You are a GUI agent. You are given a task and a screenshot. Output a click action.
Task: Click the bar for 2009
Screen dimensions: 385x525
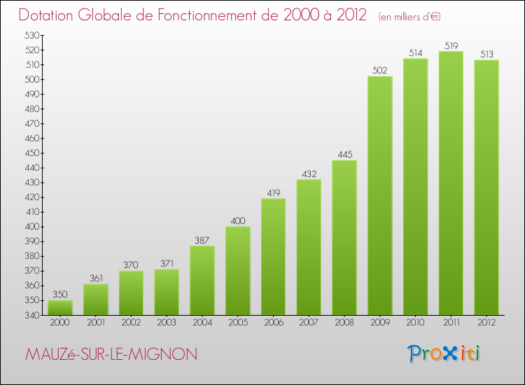[x=379, y=196]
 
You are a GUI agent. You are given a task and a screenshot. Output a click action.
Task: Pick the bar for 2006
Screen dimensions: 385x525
[x=273, y=256]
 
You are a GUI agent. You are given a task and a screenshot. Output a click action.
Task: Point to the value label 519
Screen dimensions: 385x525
[x=451, y=46]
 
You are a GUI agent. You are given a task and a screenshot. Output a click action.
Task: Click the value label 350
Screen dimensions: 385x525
[x=60, y=295]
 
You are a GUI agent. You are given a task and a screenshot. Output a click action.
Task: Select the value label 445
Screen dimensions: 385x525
[x=344, y=155]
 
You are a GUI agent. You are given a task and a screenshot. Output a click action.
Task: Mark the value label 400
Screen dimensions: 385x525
[x=238, y=222]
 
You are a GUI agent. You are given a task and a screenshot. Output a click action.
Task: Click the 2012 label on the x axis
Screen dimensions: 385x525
[x=486, y=323]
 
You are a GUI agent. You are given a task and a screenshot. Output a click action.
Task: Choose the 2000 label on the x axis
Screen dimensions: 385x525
[x=60, y=323]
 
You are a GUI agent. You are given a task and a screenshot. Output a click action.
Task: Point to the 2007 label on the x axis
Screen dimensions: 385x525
[x=309, y=323]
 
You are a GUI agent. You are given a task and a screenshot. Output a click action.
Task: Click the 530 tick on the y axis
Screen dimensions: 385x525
[x=31, y=35]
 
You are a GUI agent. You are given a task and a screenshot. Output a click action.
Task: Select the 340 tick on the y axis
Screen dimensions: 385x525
[x=31, y=315]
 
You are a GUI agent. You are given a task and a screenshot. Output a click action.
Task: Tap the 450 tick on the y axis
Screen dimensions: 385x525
[x=31, y=153]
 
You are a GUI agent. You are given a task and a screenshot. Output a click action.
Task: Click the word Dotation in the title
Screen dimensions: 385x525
[x=50, y=15]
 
